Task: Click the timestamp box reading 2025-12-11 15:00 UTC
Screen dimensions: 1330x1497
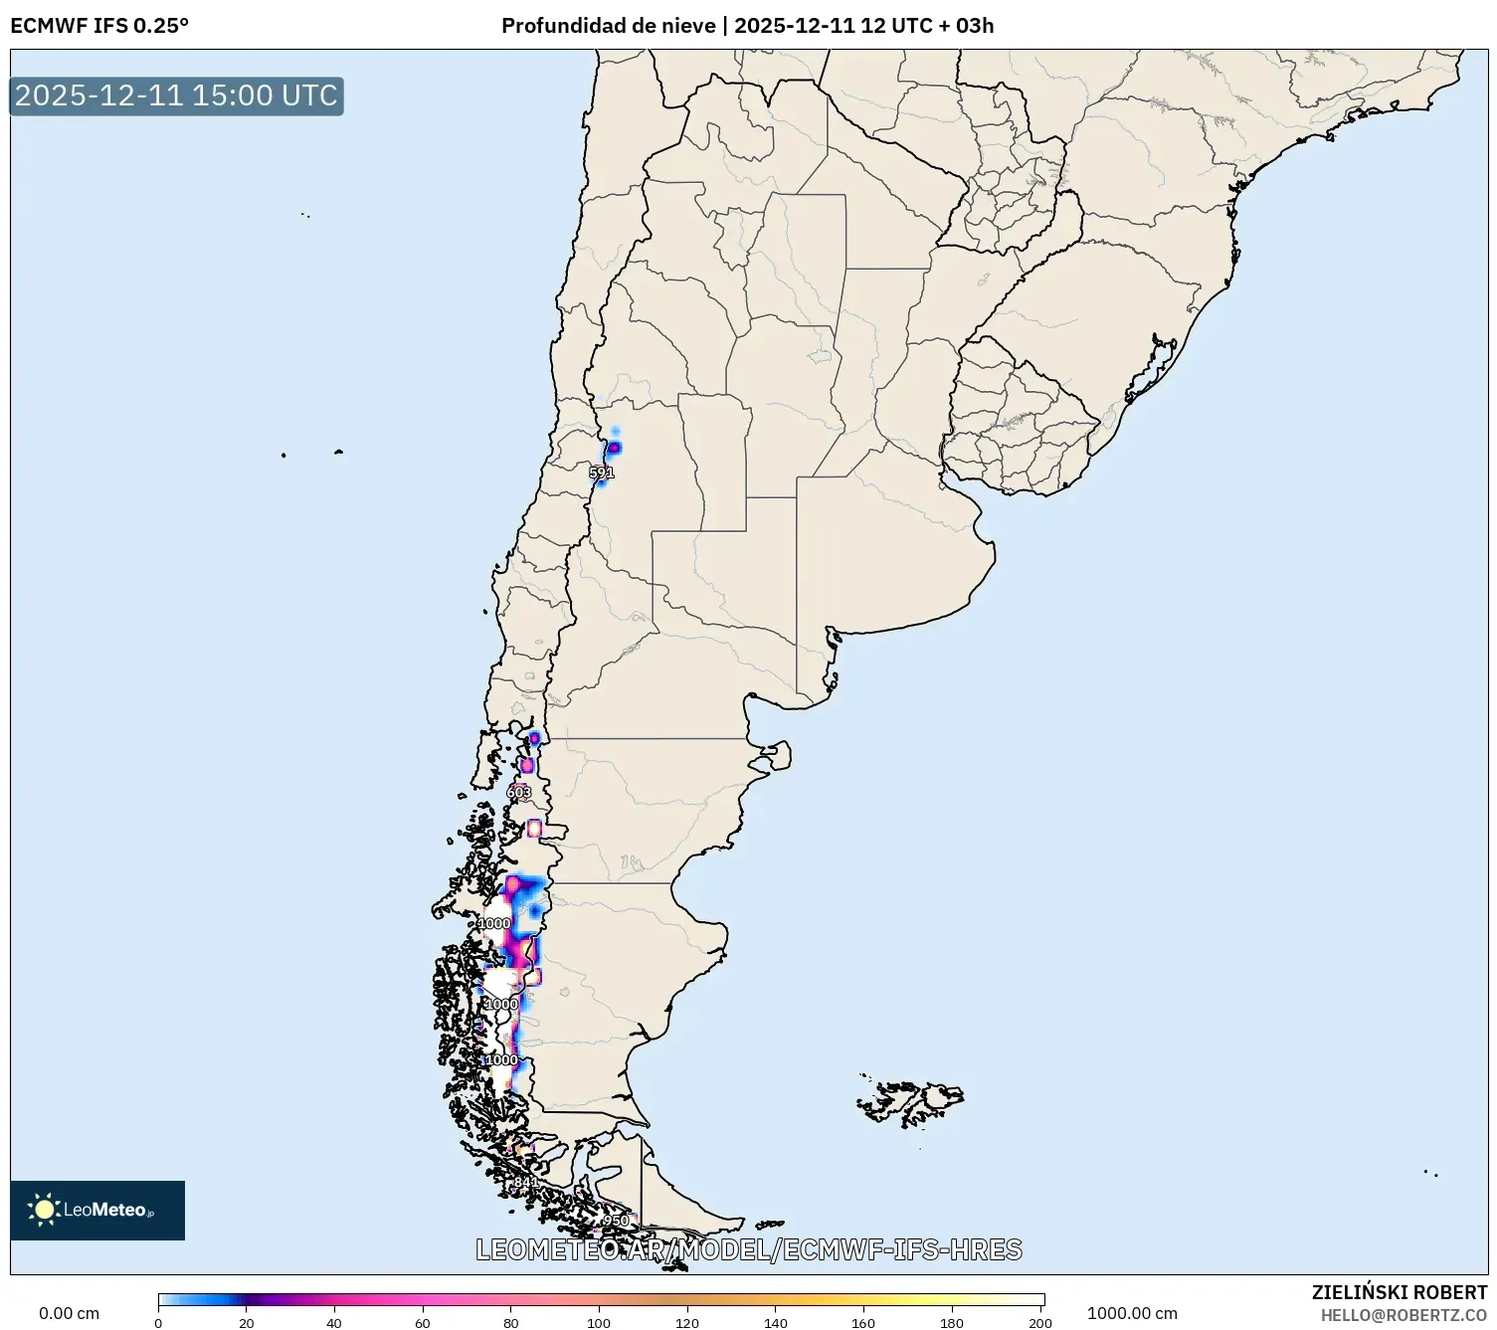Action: click(x=177, y=95)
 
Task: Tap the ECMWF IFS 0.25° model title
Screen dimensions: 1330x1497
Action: click(x=99, y=26)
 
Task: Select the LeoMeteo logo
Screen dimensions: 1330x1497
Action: click(x=97, y=1210)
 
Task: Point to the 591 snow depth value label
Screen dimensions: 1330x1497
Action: click(x=602, y=473)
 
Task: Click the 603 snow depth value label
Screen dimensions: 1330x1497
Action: click(x=519, y=792)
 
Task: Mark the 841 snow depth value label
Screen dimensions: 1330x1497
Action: click(x=525, y=1182)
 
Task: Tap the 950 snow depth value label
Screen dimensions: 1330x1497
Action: click(x=616, y=1221)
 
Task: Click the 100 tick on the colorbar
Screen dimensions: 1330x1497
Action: click(x=599, y=1323)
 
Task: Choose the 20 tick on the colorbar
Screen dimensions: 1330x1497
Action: click(x=247, y=1323)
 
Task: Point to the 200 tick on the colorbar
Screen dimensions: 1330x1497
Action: click(x=1040, y=1323)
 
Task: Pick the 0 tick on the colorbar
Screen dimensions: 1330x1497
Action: click(x=158, y=1323)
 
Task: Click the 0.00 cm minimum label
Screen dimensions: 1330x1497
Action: click(x=69, y=1313)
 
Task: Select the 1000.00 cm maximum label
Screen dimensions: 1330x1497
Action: click(x=1132, y=1313)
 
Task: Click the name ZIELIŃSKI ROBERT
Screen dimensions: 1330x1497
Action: click(x=1400, y=1292)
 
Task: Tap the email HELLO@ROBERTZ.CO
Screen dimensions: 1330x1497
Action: click(x=1403, y=1315)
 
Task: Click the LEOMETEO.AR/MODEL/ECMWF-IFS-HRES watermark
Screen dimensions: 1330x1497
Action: click(x=749, y=1249)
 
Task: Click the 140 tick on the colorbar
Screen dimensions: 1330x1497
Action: click(x=775, y=1323)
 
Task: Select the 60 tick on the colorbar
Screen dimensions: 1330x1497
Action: click(x=423, y=1323)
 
